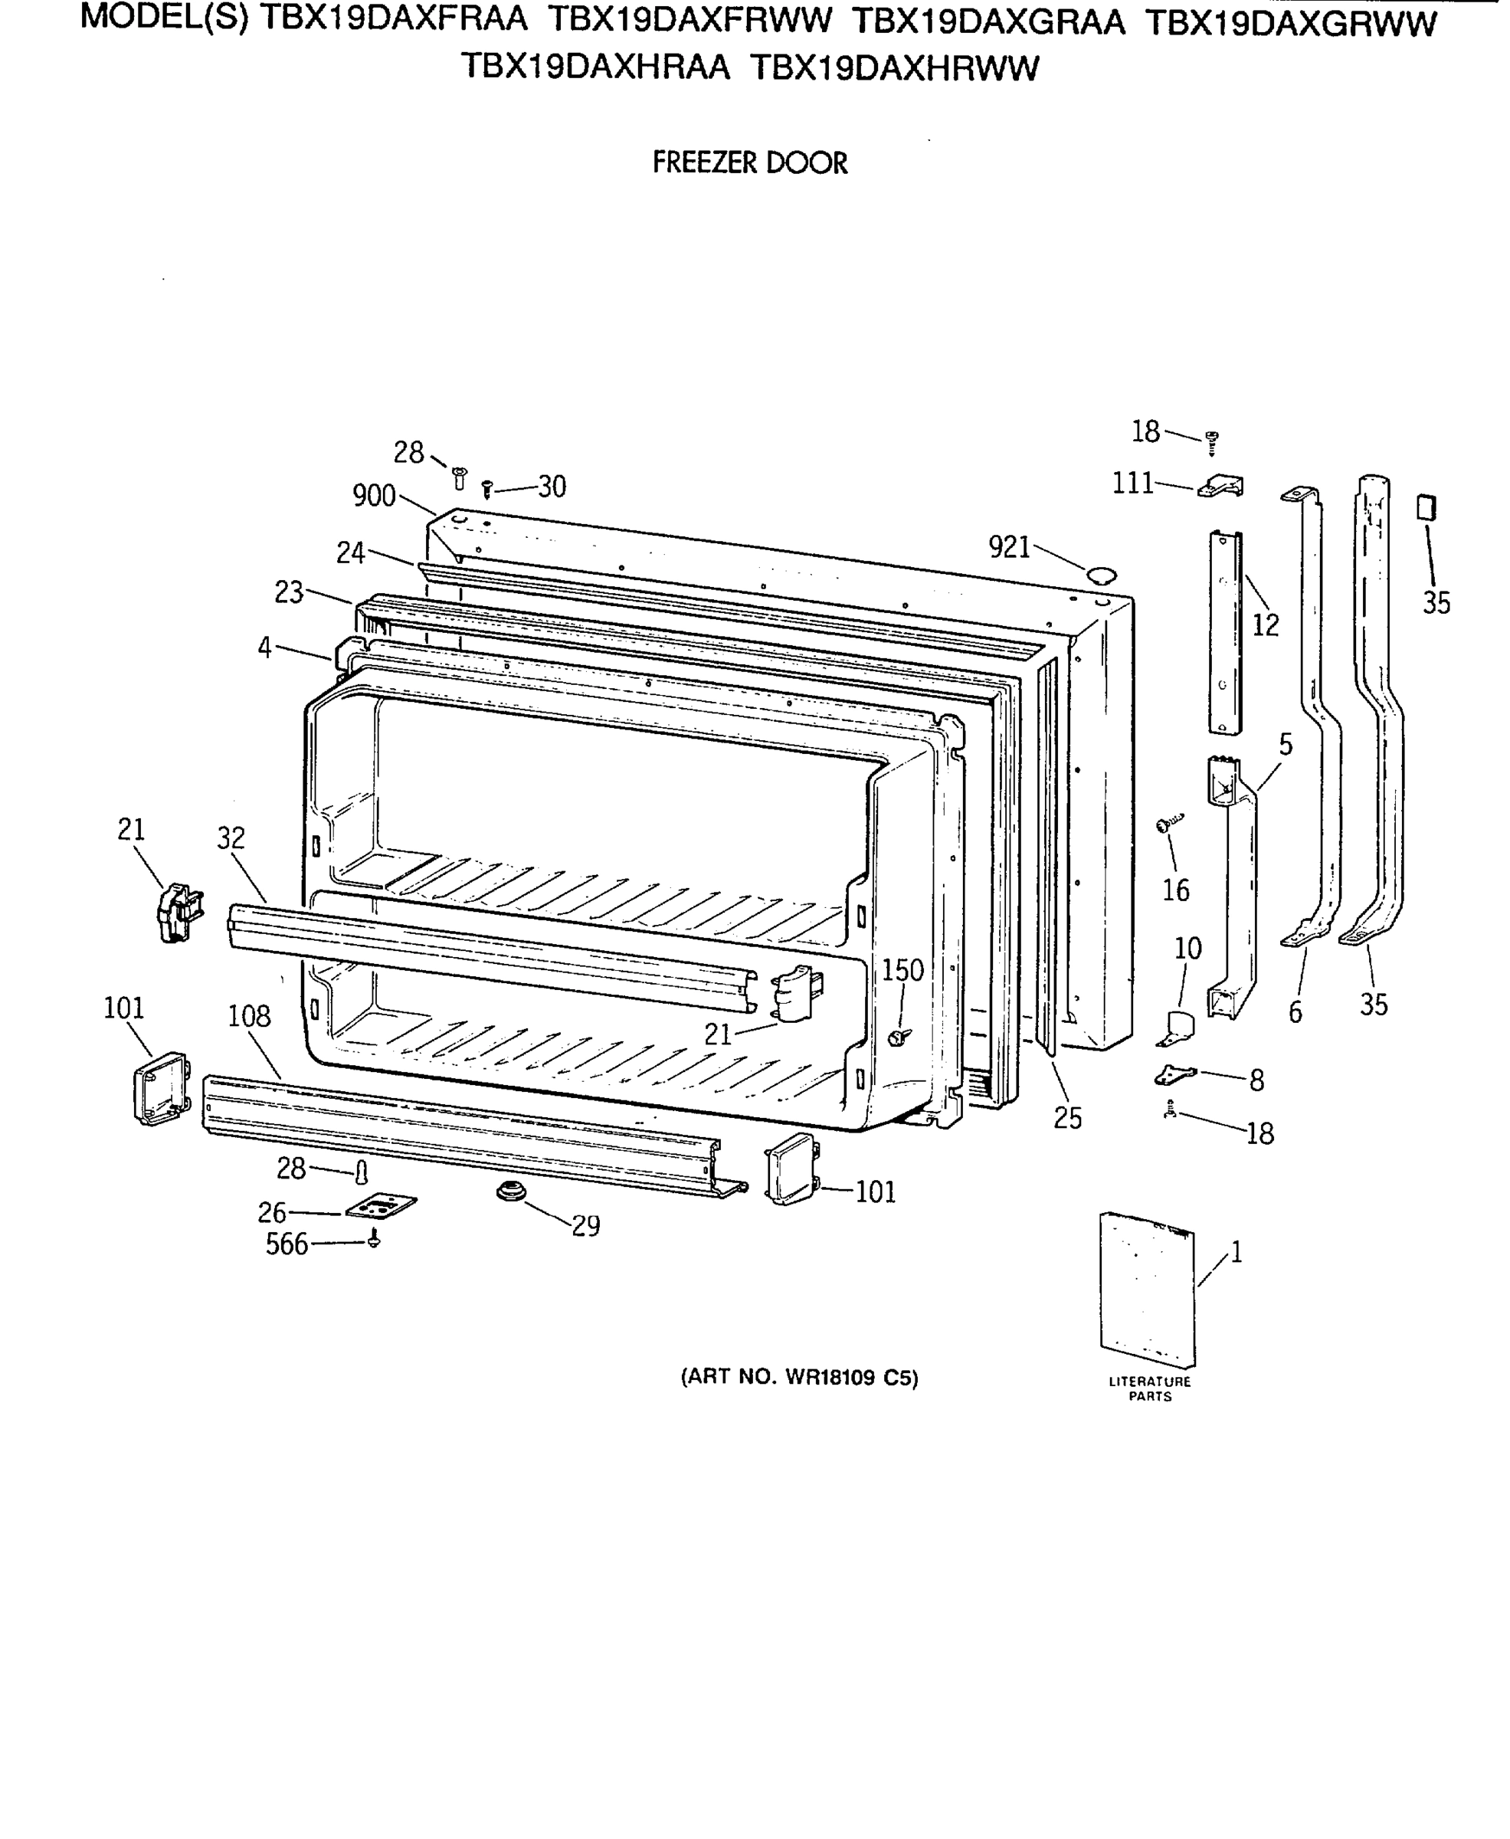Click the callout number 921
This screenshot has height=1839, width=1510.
coord(1009,547)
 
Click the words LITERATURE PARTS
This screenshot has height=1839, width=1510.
coord(1150,1388)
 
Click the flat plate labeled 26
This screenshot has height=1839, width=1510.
coord(381,1208)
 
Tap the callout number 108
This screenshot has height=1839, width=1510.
coord(250,1016)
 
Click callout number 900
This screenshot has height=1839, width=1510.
coord(374,496)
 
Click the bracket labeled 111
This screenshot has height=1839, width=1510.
coord(1222,487)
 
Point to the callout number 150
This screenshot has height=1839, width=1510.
coord(903,970)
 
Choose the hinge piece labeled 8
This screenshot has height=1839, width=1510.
coord(1175,1075)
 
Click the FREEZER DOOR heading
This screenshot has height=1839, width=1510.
coord(750,162)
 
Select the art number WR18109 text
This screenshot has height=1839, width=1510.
coord(798,1377)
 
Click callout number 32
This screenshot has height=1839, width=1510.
coord(231,838)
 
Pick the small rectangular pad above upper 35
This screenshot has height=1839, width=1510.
coord(1426,507)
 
